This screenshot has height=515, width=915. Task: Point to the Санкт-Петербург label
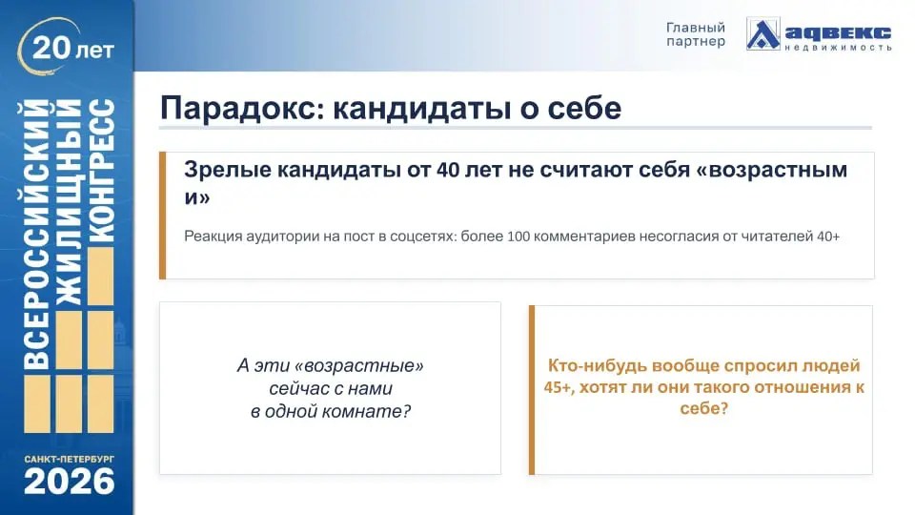(x=70, y=459)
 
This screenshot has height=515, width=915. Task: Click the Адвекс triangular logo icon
(x=762, y=34)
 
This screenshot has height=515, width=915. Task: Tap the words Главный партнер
(x=695, y=34)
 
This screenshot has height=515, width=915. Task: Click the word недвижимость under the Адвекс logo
(x=839, y=47)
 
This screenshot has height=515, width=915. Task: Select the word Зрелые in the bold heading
(x=225, y=170)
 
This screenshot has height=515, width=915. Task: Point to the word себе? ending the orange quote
(x=704, y=409)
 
